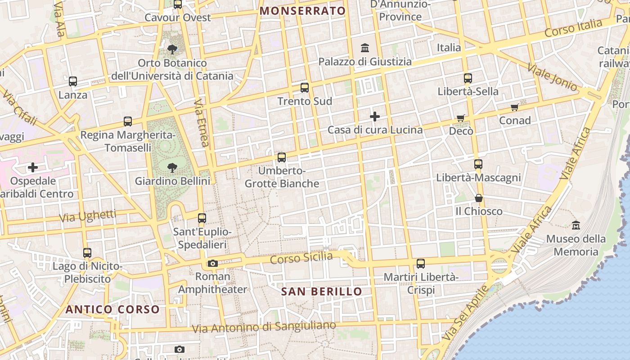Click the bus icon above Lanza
(x=73, y=81)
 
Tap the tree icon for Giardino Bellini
(x=172, y=168)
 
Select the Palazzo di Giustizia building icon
(x=365, y=48)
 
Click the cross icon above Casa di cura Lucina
(x=375, y=117)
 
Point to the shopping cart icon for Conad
(x=515, y=107)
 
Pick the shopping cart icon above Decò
(x=461, y=118)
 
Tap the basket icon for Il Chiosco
(x=478, y=198)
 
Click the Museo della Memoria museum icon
(x=576, y=225)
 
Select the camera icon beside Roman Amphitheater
(x=213, y=263)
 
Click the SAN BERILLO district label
(x=321, y=292)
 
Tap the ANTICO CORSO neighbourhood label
(x=112, y=310)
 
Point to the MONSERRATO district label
(x=303, y=11)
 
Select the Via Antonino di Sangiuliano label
(x=264, y=327)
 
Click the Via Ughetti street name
(x=87, y=216)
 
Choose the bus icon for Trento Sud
(x=305, y=88)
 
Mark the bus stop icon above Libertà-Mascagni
(x=478, y=164)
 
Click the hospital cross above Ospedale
(x=33, y=168)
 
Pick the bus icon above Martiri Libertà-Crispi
(x=421, y=264)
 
